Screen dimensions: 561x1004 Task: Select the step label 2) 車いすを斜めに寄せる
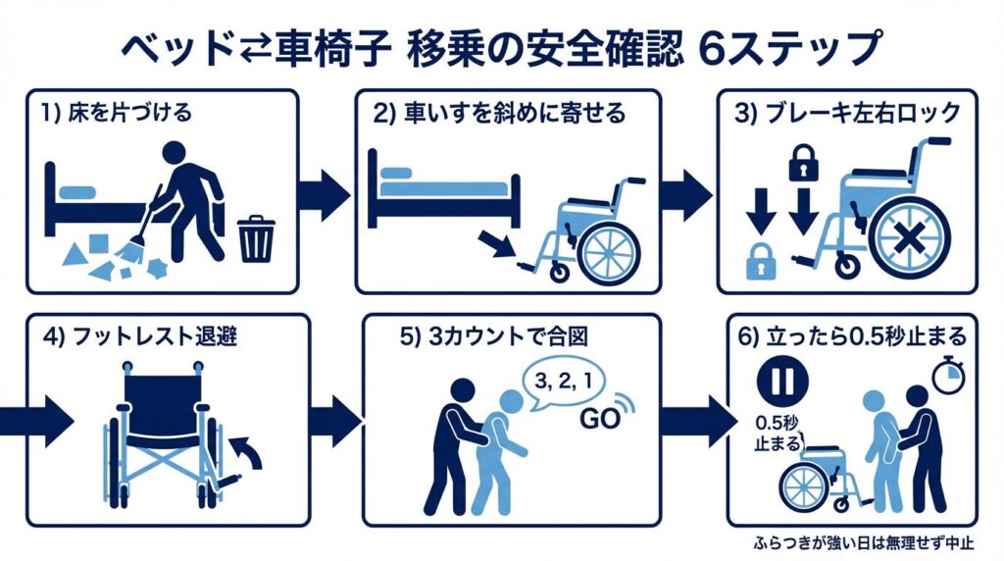(499, 112)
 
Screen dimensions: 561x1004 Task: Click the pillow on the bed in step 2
(395, 174)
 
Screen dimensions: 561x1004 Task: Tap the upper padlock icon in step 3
(802, 164)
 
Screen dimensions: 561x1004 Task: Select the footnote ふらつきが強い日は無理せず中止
(864, 541)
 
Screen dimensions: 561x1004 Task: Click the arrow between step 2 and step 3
(685, 192)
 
